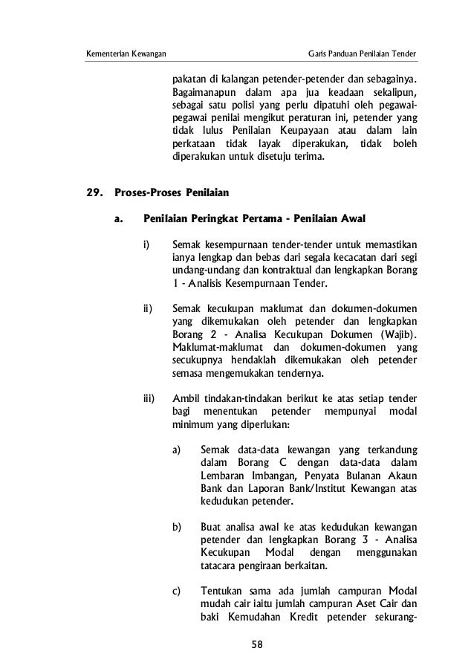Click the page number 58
click(257, 644)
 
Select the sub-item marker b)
click(177, 527)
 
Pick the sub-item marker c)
click(177, 591)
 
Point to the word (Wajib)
click(395, 334)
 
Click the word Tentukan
click(223, 591)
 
